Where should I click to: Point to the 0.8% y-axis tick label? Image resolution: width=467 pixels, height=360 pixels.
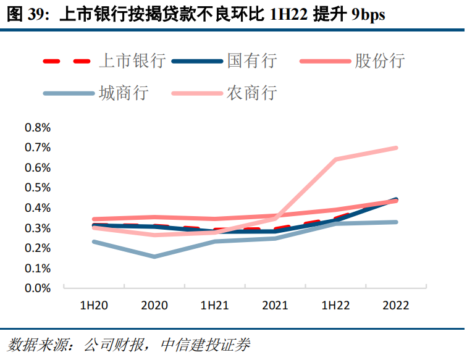(37, 128)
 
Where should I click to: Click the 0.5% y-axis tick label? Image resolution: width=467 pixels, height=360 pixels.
(37, 188)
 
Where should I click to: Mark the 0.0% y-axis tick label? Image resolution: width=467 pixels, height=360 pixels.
(37, 288)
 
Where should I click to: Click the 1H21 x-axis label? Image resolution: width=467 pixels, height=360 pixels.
(214, 306)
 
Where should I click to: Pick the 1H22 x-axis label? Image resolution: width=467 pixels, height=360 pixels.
(335, 306)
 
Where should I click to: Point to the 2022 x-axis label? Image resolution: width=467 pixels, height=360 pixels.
(395, 306)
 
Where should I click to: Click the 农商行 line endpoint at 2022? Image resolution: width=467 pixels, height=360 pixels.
(395, 148)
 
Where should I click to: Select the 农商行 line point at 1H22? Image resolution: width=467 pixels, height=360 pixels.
(335, 159)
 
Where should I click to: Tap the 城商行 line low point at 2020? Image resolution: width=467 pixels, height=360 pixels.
(154, 256)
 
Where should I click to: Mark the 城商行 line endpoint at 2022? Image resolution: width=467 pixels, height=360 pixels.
(395, 222)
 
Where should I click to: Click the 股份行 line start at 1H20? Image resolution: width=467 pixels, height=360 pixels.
(94, 219)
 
